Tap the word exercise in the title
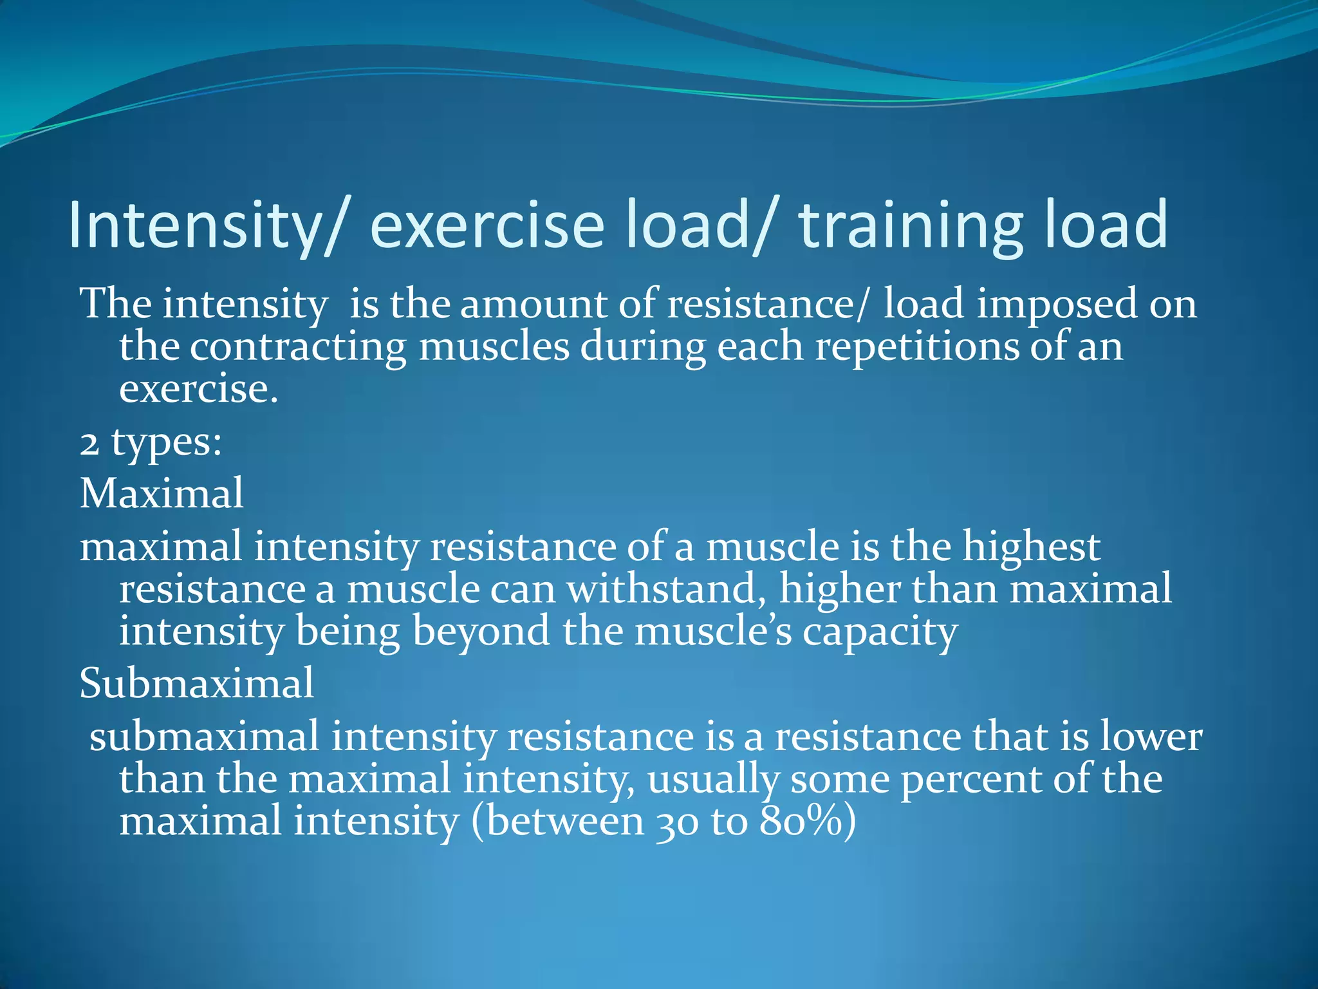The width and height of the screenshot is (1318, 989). coord(487,225)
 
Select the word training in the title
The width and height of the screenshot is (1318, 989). coord(910,225)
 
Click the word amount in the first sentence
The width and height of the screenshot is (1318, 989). coord(534,304)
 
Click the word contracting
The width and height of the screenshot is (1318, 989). coord(298,348)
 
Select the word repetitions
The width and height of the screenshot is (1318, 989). coord(917,348)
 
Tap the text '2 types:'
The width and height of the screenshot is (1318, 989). coord(151,443)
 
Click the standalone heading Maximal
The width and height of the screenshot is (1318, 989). coord(162,494)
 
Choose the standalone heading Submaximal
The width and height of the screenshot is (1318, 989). coord(197,683)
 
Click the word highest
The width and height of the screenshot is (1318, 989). coord(1031,547)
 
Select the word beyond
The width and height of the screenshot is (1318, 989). coord(481,632)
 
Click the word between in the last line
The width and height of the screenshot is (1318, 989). coord(564,822)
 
